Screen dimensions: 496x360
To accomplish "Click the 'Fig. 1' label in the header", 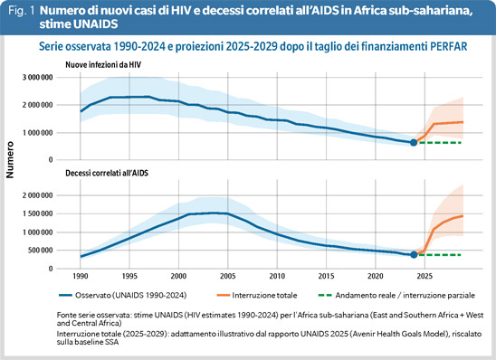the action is (x=22, y=11).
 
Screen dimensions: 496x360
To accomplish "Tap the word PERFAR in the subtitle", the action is (x=449, y=46).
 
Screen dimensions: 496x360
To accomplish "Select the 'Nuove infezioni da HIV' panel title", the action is (x=103, y=65).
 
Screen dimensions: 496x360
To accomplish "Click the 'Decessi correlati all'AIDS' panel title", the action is (x=107, y=173).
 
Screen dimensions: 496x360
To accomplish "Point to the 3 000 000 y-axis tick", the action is (x=37, y=78).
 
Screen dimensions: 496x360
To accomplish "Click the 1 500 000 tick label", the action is (x=37, y=214).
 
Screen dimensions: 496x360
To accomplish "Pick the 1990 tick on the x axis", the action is (x=81, y=276).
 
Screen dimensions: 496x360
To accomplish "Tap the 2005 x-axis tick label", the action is (x=228, y=276).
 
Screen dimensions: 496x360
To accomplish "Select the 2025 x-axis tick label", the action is (x=424, y=276).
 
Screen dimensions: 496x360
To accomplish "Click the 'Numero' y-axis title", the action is (x=10, y=159).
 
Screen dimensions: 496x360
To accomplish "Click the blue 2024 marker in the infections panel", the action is (x=414, y=143).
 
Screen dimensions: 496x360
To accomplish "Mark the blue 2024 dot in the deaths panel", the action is (x=414, y=255).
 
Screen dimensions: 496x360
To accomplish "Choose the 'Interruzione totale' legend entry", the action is (x=257, y=295).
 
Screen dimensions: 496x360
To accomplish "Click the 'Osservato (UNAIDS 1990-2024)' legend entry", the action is (x=123, y=295).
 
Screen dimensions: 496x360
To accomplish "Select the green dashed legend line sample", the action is (x=325, y=295).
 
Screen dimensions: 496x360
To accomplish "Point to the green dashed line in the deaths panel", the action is (x=440, y=255).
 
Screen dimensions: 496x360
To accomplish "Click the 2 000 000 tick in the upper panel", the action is (x=37, y=105).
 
